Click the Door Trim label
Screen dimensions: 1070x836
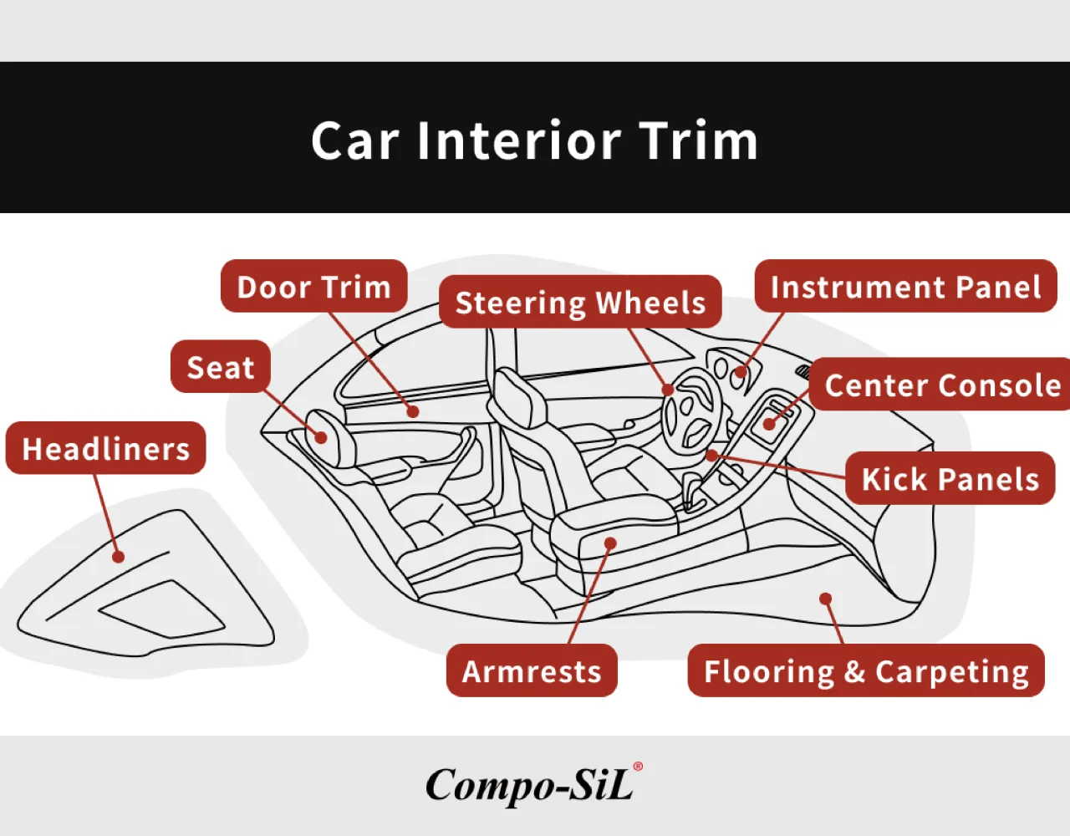click(313, 286)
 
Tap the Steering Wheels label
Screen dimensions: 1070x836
click(580, 302)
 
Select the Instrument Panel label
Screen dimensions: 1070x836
click(905, 286)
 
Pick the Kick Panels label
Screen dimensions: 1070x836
click(950, 478)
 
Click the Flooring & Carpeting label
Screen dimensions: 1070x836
click(866, 670)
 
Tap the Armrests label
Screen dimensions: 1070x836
click(532, 670)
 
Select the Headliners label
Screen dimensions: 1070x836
click(105, 448)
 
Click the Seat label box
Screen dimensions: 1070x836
click(221, 366)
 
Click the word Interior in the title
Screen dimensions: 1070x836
click(519, 140)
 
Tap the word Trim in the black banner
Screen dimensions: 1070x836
click(698, 140)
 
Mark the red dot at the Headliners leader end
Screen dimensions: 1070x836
click(118, 557)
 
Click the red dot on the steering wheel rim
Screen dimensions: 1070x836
click(668, 390)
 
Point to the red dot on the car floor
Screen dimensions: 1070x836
click(826, 599)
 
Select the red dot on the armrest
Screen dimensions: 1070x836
click(610, 543)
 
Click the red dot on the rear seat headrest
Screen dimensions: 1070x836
click(321, 437)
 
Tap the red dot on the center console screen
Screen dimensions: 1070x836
click(770, 424)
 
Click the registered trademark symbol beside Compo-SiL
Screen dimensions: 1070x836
click(638, 767)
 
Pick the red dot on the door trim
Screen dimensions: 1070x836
click(414, 411)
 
